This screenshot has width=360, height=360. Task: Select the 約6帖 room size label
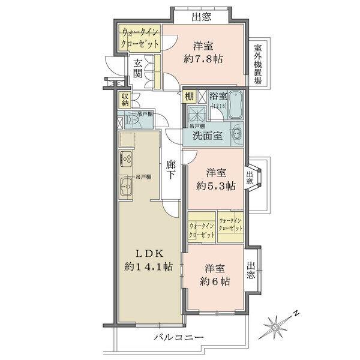pyautogui.click(x=214, y=281)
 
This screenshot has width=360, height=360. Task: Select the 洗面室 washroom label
pyautogui.click(x=208, y=135)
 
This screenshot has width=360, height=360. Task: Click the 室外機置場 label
pyautogui.click(x=257, y=64)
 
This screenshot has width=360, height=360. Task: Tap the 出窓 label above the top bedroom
pyautogui.click(x=202, y=17)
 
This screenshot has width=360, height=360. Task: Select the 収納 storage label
pyautogui.click(x=125, y=100)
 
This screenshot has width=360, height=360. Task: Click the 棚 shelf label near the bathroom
pyautogui.click(x=189, y=96)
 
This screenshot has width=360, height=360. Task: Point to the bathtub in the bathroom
pyautogui.click(x=234, y=106)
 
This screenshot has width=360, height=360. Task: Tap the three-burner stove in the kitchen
pyautogui.click(x=128, y=160)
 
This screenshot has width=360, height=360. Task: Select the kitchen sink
pyautogui.click(x=126, y=187)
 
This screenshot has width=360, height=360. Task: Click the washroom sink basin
pyautogui.click(x=236, y=134)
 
